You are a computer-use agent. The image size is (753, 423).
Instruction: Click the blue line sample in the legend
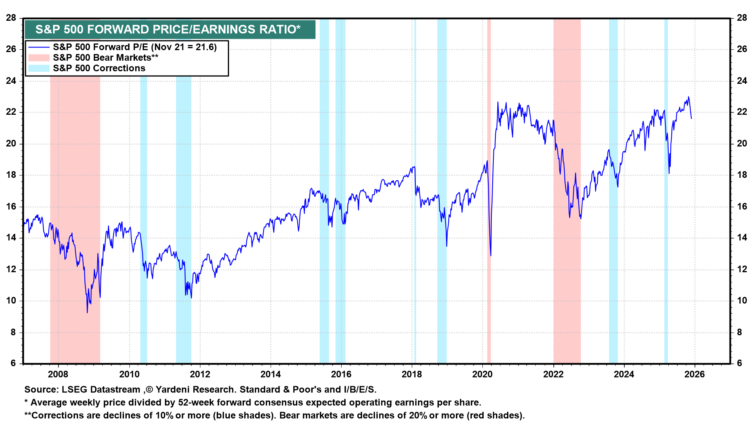tap(38, 47)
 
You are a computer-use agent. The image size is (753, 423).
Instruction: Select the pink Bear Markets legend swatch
tap(38, 58)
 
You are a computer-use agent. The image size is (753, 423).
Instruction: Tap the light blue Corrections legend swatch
tap(38, 69)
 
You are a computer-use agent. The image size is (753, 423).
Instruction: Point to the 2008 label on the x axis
tap(58, 374)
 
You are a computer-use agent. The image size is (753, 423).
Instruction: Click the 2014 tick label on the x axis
tap(271, 374)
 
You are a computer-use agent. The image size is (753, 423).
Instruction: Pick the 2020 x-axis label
tap(482, 374)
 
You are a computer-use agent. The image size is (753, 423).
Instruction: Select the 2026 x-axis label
tap(695, 374)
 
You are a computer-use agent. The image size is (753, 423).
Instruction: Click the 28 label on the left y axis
tap(11, 18)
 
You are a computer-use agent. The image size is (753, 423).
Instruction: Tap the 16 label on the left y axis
tap(11, 207)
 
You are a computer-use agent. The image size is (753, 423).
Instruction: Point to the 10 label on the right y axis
tap(742, 301)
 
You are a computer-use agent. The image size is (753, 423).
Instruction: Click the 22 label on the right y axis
tap(742, 112)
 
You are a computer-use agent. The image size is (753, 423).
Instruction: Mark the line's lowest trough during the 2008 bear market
tap(87, 312)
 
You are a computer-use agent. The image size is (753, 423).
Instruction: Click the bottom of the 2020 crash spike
tap(491, 256)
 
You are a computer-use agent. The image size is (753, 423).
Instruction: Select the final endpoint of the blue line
tap(691, 118)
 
